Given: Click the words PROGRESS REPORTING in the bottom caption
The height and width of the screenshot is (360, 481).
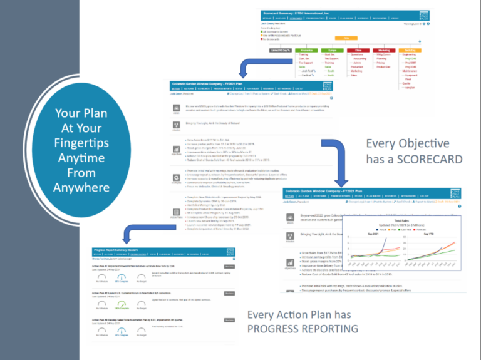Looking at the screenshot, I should coord(303,329).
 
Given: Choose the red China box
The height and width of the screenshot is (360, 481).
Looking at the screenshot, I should coord(359,50).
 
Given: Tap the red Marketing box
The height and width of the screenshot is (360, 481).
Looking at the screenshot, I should coord(384,50).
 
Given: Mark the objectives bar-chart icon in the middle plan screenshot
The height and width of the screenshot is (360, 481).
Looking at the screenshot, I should coord(177,151).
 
